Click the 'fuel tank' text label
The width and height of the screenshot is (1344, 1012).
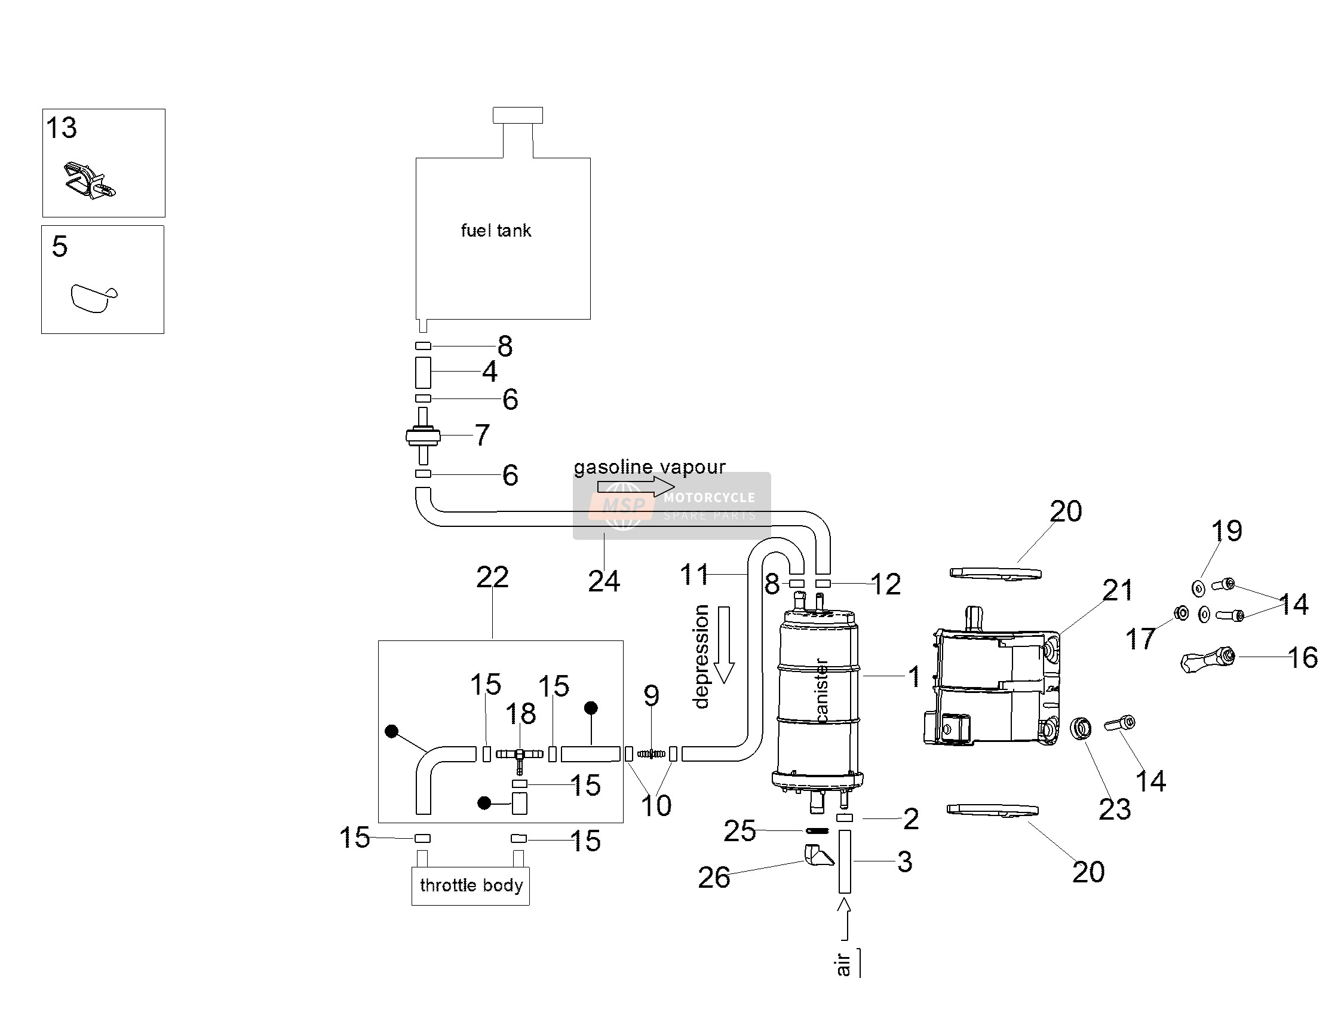click(x=496, y=231)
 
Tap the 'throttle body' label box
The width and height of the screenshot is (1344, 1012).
click(x=470, y=885)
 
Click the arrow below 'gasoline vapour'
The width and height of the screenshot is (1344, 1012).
click(x=636, y=486)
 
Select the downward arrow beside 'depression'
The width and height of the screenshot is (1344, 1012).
click(x=723, y=645)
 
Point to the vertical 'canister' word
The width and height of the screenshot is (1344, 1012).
click(x=821, y=690)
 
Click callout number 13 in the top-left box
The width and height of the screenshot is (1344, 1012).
click(x=62, y=128)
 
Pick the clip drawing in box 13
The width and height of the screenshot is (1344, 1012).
click(x=90, y=180)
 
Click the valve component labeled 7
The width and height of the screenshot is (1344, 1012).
click(x=423, y=436)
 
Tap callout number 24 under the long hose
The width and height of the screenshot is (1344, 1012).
click(x=604, y=581)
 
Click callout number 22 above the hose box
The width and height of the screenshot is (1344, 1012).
click(x=492, y=577)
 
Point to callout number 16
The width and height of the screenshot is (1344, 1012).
click(x=1303, y=658)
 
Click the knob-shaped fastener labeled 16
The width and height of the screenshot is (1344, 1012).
click(x=1206, y=659)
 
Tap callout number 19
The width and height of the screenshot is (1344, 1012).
click(x=1227, y=531)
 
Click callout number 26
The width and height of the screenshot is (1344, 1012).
click(x=714, y=878)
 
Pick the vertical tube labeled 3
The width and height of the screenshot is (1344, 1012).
click(x=845, y=861)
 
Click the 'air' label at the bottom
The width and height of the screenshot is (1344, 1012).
click(x=843, y=965)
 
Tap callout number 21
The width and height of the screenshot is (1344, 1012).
click(x=1118, y=590)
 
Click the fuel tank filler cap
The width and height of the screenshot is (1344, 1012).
click(x=518, y=115)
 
